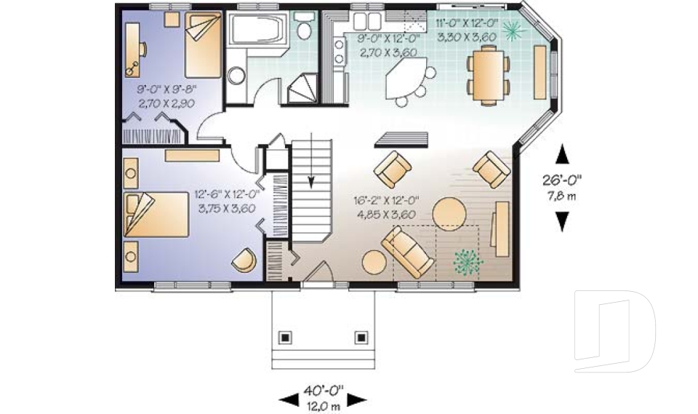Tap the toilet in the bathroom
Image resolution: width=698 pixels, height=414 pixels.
click(305, 26)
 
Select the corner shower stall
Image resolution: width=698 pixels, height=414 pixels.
click(302, 88)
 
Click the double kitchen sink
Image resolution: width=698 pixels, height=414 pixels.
click(368, 21)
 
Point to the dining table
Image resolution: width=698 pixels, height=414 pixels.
click(489, 76)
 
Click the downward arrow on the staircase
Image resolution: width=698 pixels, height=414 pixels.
click(311, 159)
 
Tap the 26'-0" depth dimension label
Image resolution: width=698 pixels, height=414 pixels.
click(562, 180)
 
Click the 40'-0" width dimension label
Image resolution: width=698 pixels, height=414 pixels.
click(324, 391)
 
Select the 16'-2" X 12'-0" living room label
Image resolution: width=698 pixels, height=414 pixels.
click(386, 201)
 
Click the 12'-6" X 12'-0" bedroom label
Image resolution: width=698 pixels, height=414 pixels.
click(227, 195)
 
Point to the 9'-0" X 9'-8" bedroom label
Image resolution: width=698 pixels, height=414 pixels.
click(167, 89)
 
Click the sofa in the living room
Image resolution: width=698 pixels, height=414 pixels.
click(408, 252)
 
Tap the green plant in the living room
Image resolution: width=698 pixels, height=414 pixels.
click(468, 260)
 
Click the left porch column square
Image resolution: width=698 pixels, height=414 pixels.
click(285, 338)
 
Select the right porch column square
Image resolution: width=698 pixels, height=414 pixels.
click(361, 338)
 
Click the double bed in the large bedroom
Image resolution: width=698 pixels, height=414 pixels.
click(156, 215)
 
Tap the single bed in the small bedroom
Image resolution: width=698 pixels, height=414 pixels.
click(203, 45)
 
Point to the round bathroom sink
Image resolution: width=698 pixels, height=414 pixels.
click(236, 76)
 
